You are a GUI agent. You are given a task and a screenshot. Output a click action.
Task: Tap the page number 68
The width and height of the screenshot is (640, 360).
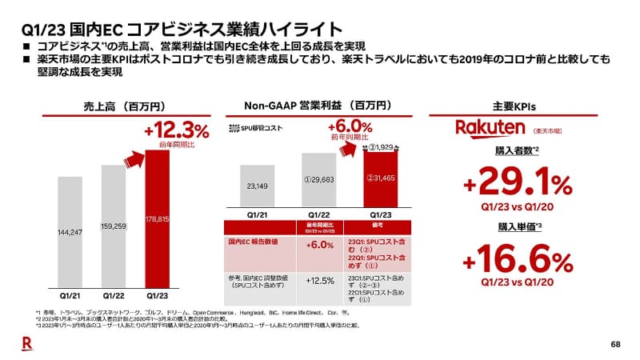pyautogui.click(x=615, y=345)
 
